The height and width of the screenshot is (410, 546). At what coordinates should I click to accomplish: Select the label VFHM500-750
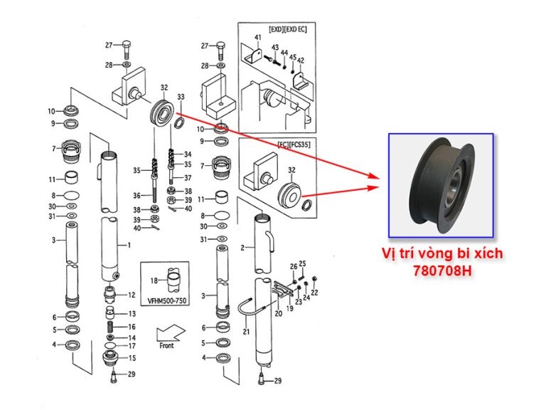pos(168,300)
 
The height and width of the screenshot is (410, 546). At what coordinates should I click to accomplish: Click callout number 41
pos(259,37)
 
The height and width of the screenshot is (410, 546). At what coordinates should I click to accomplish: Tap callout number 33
pos(181,97)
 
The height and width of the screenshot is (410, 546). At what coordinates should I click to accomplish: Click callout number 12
pos(132,295)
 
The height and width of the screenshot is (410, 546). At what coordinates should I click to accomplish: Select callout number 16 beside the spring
pos(132,327)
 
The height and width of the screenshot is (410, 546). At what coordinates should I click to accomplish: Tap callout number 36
pos(136,195)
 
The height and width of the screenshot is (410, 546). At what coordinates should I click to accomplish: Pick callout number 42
pos(300,61)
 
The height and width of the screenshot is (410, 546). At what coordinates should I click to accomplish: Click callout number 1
pos(129,245)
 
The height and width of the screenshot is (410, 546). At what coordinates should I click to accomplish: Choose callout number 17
pos(132,346)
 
